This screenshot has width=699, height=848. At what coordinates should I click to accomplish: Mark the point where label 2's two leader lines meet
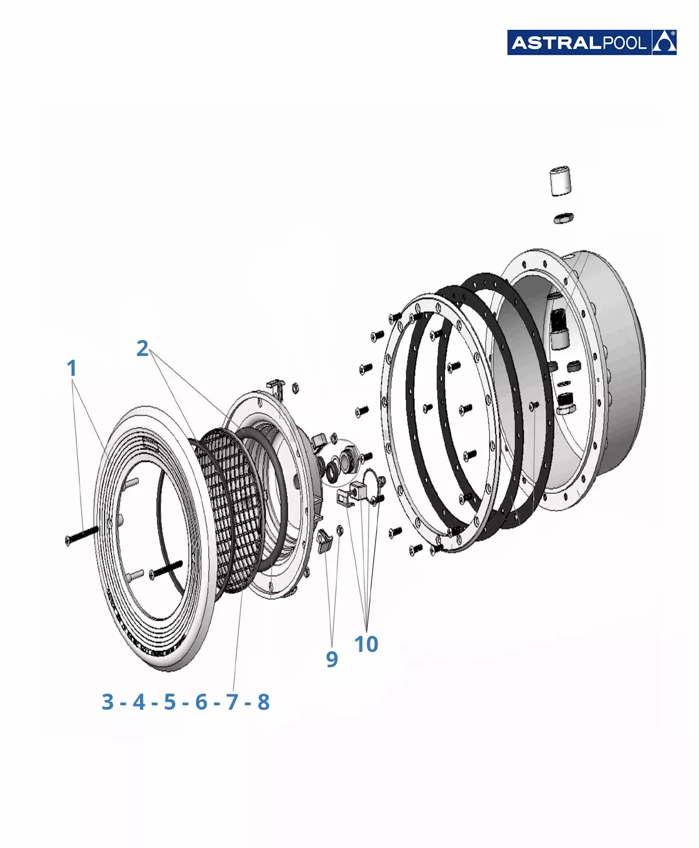coord(152,352)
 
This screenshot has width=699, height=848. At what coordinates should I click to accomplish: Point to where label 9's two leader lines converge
coord(333,646)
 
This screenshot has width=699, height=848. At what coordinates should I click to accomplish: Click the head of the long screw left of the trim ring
coord(68,541)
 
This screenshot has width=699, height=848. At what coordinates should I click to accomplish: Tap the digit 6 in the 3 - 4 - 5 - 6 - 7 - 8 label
coord(201,702)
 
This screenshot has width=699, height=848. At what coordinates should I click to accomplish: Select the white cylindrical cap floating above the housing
coord(561,180)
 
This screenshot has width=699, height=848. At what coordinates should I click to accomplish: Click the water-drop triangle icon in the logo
coord(664,42)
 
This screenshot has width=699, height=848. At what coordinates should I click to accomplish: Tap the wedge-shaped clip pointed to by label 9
coord(324,541)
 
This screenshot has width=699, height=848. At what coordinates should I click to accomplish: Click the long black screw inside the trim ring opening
coord(166,569)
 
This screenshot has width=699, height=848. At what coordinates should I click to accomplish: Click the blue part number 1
coord(72,368)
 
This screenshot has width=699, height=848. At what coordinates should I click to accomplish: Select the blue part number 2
coord(142,348)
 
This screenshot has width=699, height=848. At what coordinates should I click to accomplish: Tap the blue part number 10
coord(366,644)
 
